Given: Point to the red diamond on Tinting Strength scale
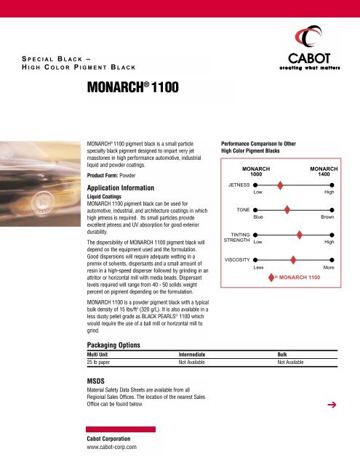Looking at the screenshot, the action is coord(300,234).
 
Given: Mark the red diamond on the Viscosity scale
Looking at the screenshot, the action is coord(293,259).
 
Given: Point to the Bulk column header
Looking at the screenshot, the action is coord(285,354).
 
